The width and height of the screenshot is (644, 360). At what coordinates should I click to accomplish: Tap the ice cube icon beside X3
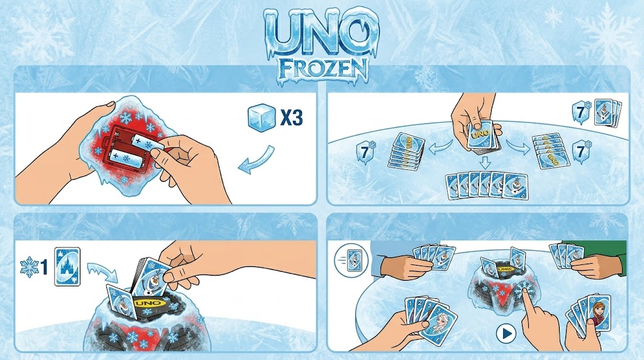262,118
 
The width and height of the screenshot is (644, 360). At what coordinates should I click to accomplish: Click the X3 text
292,118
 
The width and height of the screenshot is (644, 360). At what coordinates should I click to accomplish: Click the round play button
506,334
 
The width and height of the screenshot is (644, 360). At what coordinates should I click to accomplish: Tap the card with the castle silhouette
67,267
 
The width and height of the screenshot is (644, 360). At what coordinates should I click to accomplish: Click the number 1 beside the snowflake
45,267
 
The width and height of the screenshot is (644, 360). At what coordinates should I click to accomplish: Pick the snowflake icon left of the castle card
29,267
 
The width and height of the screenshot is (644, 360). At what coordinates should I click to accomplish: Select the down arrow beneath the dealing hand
485,162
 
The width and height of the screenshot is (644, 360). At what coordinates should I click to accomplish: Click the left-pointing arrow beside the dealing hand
440,147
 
